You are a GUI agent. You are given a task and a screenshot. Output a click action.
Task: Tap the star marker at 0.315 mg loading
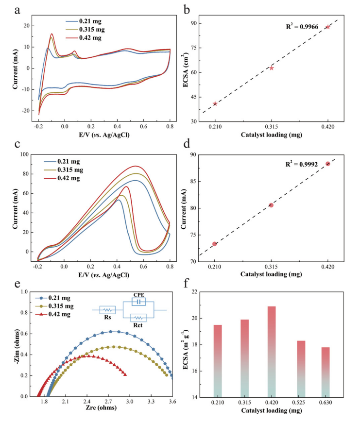point(271,68)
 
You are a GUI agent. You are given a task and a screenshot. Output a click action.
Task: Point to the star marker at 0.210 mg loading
point(215,103)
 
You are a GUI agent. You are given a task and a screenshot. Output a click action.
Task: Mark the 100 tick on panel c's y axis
point(25,154)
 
